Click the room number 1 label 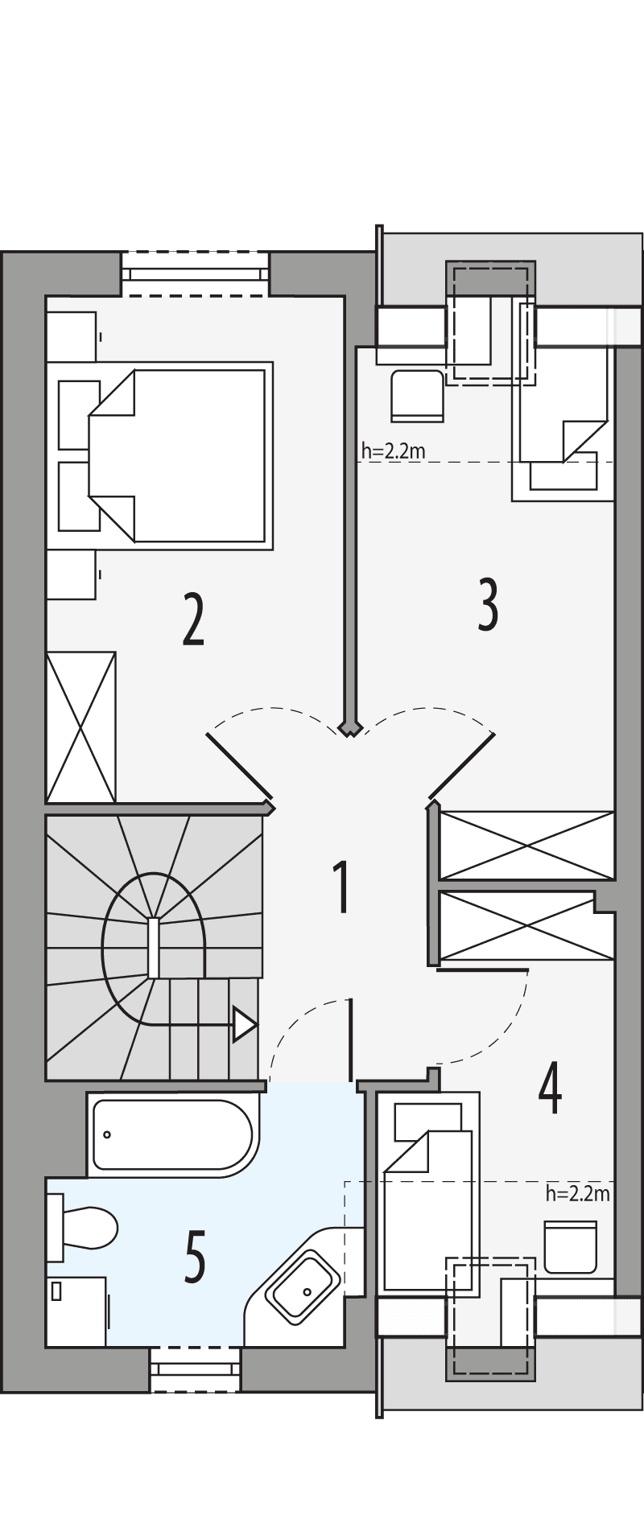click(x=341, y=887)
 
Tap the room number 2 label click(x=193, y=619)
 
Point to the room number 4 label click(x=550, y=1088)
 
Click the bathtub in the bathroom click(x=173, y=1134)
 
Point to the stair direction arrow click(x=244, y=1025)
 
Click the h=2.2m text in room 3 click(x=393, y=451)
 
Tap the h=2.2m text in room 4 click(x=577, y=1193)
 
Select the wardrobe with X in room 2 click(x=80, y=727)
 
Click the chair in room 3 click(x=417, y=396)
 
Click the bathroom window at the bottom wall click(x=196, y=1370)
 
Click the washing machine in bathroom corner click(x=76, y=1311)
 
